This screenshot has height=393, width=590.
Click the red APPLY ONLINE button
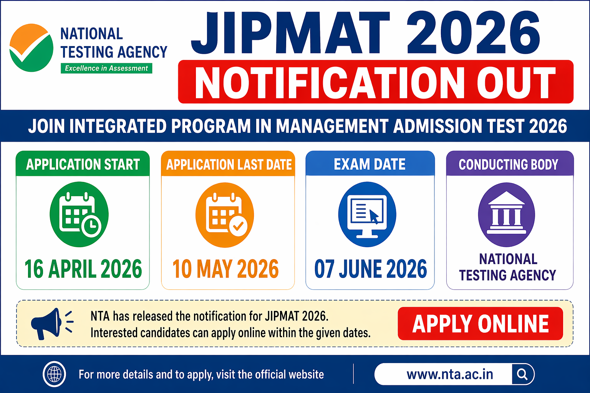pyautogui.click(x=480, y=324)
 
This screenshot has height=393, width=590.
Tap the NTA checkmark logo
pyautogui.click(x=31, y=48)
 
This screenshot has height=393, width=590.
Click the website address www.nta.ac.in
pyautogui.click(x=449, y=374)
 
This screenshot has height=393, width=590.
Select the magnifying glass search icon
pyautogui.click(x=522, y=374)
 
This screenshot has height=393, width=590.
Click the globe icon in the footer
pyautogui.click(x=54, y=374)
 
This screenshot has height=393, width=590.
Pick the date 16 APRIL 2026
pyautogui.click(x=83, y=269)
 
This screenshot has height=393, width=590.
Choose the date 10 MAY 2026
pyautogui.click(x=225, y=269)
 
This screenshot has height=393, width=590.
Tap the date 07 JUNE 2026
pyautogui.click(x=370, y=269)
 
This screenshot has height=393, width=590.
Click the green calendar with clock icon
pyautogui.click(x=79, y=214)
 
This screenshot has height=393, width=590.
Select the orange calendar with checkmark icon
pyautogui.click(x=225, y=215)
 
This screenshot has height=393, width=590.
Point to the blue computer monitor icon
pyautogui.click(x=367, y=214)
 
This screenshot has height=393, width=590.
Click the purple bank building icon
pyautogui.click(x=506, y=214)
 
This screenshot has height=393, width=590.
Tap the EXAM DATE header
pyautogui.click(x=370, y=164)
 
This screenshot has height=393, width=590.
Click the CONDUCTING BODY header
pyautogui.click(x=509, y=164)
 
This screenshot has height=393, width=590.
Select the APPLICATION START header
pyautogui.click(x=83, y=164)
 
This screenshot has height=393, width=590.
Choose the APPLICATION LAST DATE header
pyautogui.click(x=229, y=165)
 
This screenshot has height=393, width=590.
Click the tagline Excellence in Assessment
pyautogui.click(x=106, y=68)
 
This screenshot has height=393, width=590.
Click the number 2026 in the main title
pyautogui.click(x=473, y=34)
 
